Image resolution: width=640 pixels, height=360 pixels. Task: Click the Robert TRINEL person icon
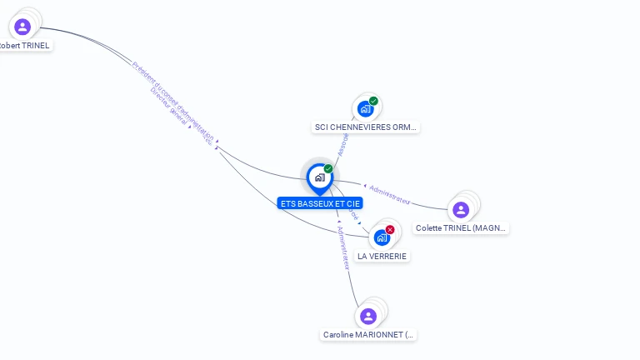22,27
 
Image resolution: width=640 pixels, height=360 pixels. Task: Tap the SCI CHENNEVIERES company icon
365,108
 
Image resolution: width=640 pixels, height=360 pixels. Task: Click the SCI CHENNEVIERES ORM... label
365,127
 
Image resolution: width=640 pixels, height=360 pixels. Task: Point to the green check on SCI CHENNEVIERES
373,101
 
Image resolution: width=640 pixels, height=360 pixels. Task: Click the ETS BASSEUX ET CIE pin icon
319,177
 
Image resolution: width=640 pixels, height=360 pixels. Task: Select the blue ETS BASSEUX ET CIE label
320,203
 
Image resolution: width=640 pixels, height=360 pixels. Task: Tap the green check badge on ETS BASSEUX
328,169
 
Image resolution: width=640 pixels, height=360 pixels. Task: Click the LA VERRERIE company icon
382,237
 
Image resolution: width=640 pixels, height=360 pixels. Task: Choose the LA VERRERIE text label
382,256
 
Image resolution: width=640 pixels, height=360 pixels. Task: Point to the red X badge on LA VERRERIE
390,229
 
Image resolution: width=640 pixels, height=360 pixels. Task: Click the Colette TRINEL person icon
461,209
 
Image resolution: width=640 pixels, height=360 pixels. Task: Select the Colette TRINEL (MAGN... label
461,227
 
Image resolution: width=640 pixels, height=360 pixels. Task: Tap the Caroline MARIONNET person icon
368,316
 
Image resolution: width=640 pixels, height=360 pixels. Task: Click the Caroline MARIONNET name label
368,335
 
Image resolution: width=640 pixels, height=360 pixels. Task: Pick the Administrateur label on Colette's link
389,194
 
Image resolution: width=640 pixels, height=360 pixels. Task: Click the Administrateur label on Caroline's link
342,247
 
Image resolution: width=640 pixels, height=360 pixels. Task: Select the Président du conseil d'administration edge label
172,100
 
